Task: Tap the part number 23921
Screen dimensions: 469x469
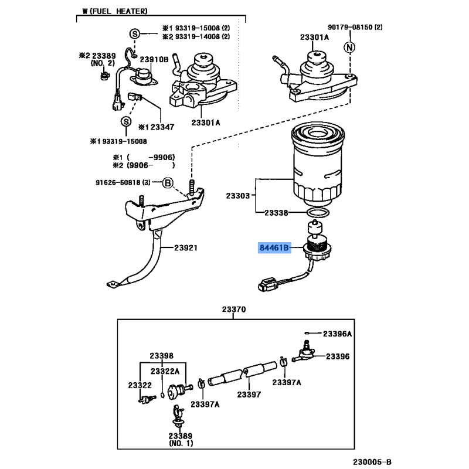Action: tap(185, 248)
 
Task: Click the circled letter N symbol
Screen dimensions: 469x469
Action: tap(349, 47)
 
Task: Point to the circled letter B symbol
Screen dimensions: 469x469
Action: tap(167, 183)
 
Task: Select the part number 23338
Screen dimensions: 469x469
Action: tap(276, 213)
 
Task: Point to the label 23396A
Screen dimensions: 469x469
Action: tap(339, 334)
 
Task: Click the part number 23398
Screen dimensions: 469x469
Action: tap(161, 356)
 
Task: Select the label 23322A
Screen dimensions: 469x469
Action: tap(165, 371)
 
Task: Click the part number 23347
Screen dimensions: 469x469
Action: tap(161, 126)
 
